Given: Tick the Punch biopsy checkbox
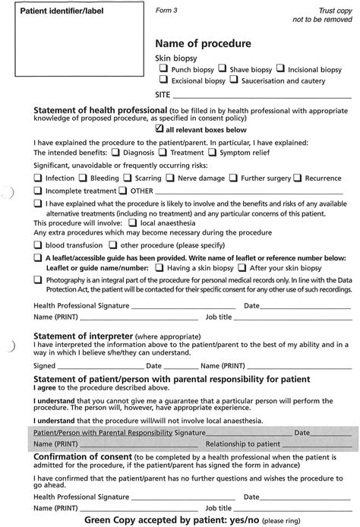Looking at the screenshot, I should click(x=163, y=68).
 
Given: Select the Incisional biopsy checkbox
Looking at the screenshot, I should click(x=280, y=68).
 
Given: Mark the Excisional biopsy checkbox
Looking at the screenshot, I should click(x=163, y=80).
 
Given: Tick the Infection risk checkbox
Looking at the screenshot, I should click(x=38, y=178).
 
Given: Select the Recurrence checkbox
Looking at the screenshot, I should click(x=298, y=178).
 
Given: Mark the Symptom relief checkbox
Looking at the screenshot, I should click(x=212, y=152).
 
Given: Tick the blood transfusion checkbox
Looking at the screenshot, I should click(x=38, y=245).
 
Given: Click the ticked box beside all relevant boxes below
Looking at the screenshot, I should click(x=159, y=129).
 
